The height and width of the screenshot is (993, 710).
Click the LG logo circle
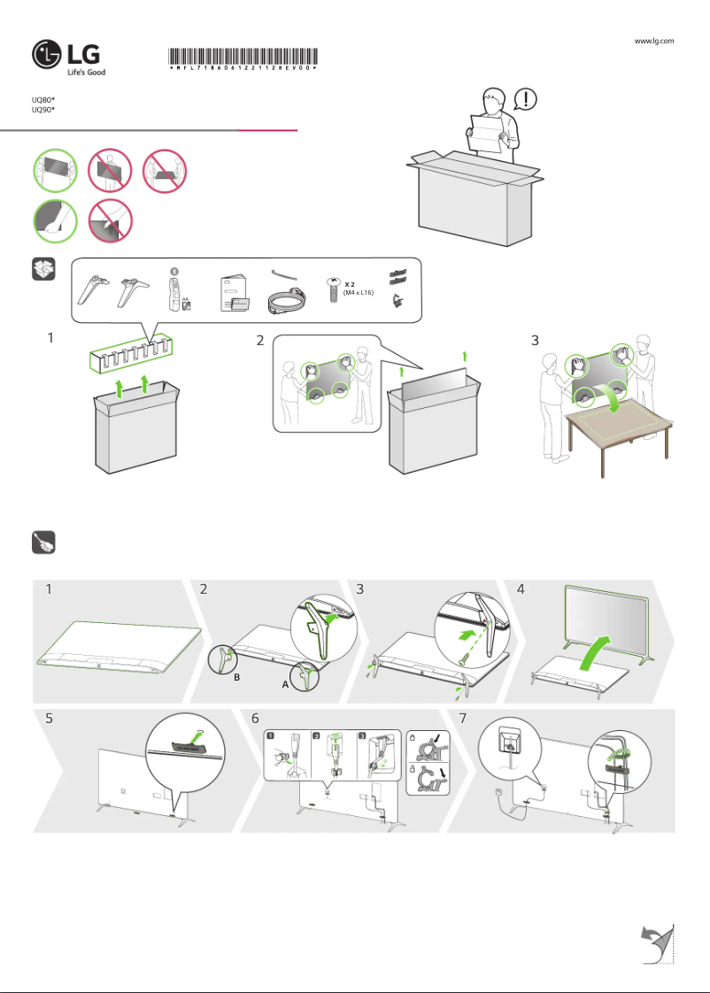(47, 54)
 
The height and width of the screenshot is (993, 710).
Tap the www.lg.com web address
(655, 41)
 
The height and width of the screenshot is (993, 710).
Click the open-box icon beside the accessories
(44, 270)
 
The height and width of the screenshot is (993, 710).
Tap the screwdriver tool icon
(44, 542)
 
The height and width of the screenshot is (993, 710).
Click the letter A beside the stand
(285, 685)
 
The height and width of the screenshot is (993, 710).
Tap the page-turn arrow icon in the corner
(657, 942)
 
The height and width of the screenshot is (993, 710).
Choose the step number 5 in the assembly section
(50, 720)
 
